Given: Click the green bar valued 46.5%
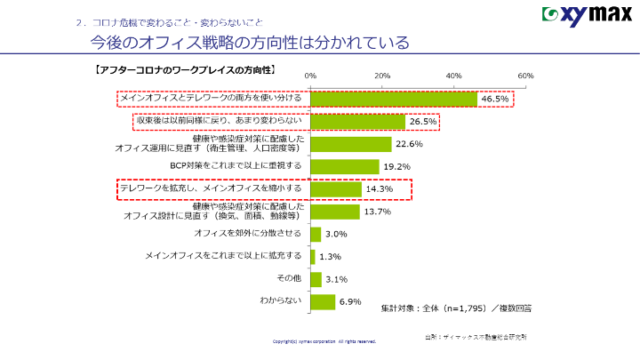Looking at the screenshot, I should pyautogui.click(x=393, y=99).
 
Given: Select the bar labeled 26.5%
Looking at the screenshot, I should pyautogui.click(x=357, y=122).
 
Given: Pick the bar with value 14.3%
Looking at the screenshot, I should pyautogui.click(x=335, y=189).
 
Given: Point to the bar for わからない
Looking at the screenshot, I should pyautogui.click(x=323, y=301).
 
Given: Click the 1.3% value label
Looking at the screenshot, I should pyautogui.click(x=330, y=257).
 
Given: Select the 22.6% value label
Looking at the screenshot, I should pyautogui.click(x=408, y=144).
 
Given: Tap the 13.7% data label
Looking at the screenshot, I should pyautogui.click(x=378, y=212).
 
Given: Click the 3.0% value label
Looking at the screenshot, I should pyautogui.click(x=336, y=235).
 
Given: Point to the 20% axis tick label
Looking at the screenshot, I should pyautogui.click(x=382, y=76).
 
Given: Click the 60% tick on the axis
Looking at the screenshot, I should pyautogui.click(x=524, y=76).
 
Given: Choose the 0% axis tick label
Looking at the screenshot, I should pyautogui.click(x=310, y=76).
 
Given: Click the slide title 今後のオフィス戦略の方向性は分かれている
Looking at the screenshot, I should pyautogui.click(x=243, y=43).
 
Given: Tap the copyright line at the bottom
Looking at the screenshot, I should pyautogui.click(x=324, y=340).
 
